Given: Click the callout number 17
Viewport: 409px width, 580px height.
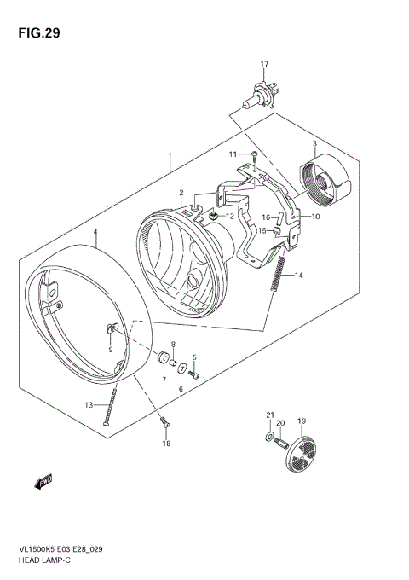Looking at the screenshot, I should [x=264, y=65].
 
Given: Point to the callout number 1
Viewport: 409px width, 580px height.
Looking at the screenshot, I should [x=170, y=157].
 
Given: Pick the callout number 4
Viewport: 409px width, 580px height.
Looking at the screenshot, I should [x=95, y=231].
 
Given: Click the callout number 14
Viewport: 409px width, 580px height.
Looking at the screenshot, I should [x=298, y=275].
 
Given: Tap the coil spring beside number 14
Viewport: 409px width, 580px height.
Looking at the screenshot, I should [x=278, y=277].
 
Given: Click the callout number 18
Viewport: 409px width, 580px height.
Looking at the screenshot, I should [x=167, y=444].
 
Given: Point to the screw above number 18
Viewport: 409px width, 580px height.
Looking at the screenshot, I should [x=164, y=422].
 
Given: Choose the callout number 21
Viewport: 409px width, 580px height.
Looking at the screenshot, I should [x=270, y=415].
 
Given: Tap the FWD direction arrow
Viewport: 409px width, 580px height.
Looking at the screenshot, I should [x=43, y=484].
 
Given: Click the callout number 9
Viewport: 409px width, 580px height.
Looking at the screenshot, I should [x=110, y=349].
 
